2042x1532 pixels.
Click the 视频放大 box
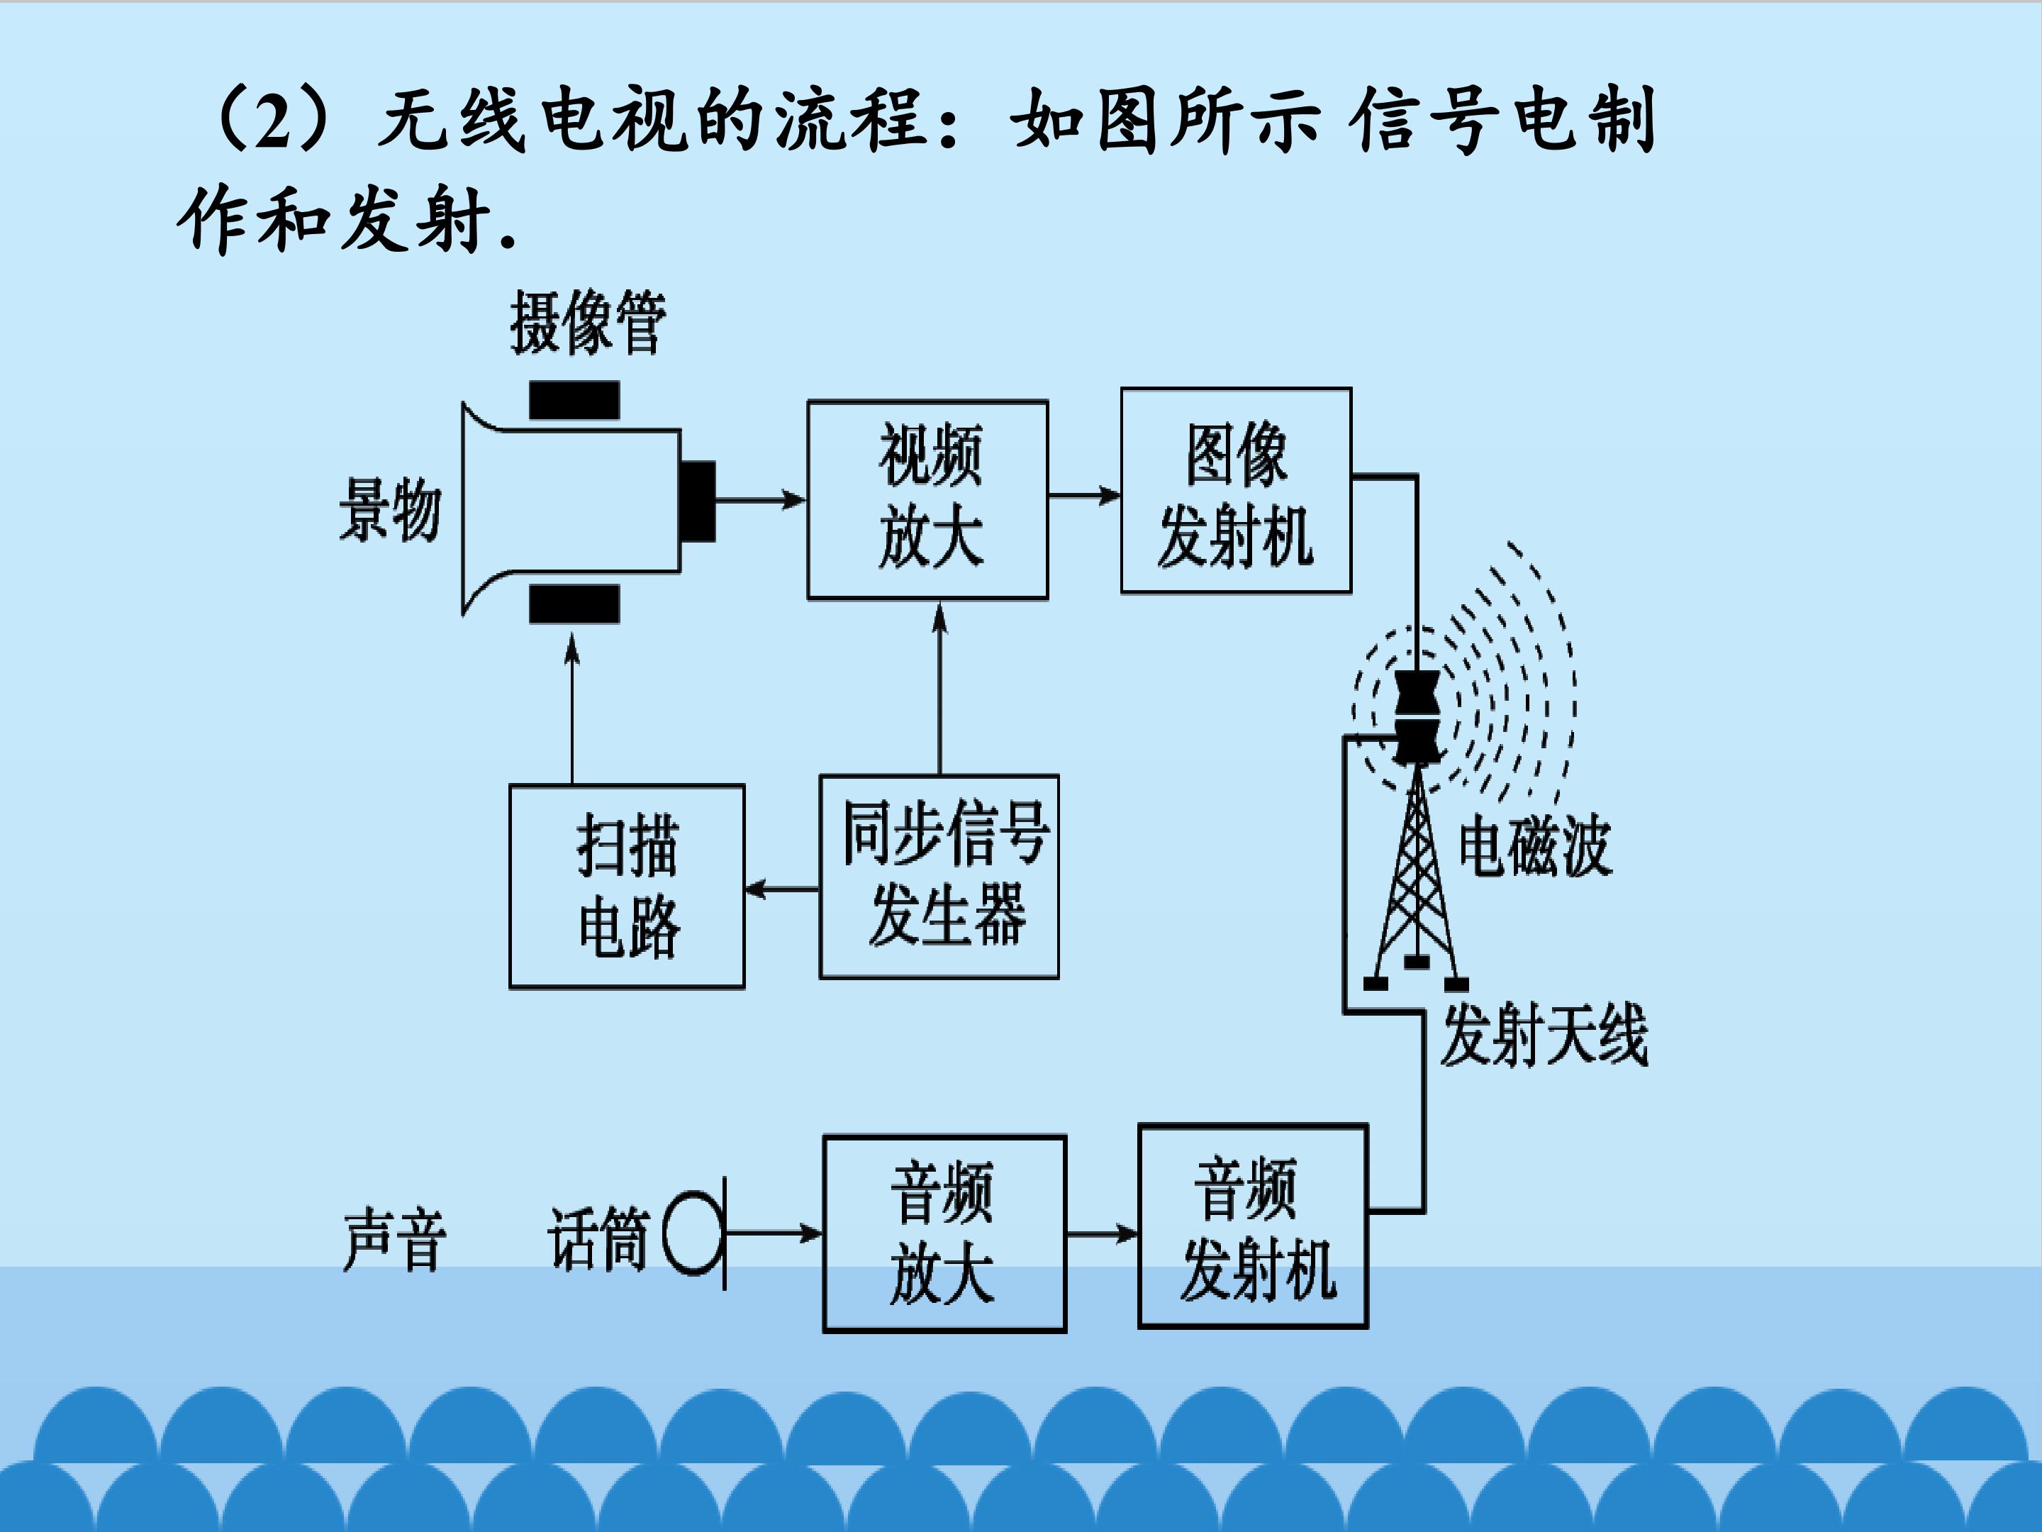(927, 499)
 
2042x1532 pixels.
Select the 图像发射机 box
(1236, 490)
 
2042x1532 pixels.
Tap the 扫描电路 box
(627, 887)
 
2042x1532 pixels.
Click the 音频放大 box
(944, 1233)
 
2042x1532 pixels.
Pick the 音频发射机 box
(1253, 1226)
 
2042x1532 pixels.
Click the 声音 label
(394, 1240)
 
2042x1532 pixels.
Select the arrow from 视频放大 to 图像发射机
(1085, 496)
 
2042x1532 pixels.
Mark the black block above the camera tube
(574, 400)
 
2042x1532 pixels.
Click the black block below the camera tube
(574, 605)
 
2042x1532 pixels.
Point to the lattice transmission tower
(1415, 877)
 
